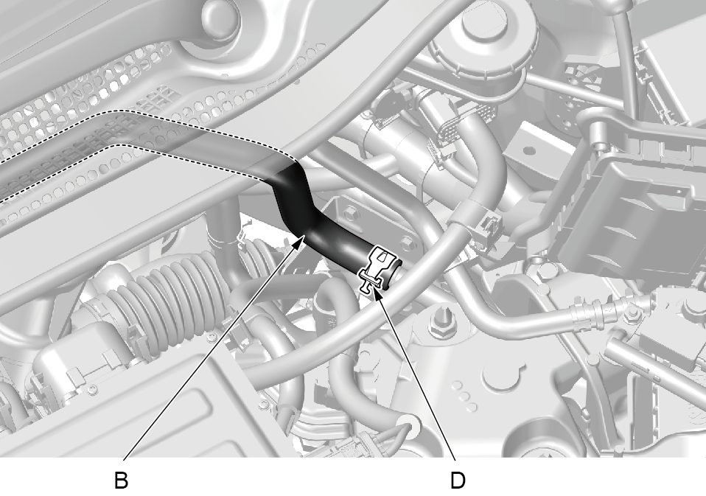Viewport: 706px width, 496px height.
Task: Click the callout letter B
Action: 121,481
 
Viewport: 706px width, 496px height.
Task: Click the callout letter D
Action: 458,481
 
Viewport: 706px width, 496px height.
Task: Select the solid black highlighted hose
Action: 324,220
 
